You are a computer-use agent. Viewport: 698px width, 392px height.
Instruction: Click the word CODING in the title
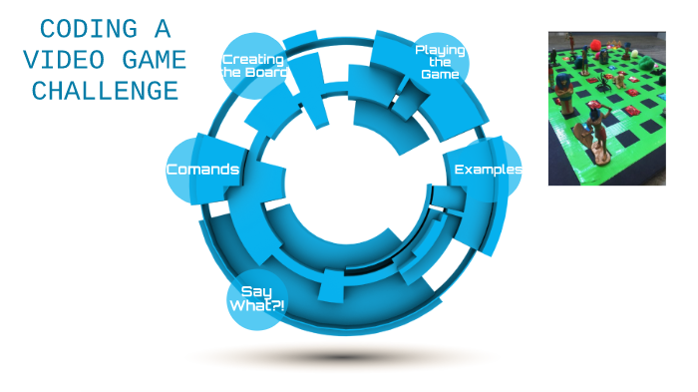(89, 29)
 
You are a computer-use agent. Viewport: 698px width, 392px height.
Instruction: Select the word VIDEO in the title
(64, 60)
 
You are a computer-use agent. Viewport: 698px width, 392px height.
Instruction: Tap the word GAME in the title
(154, 60)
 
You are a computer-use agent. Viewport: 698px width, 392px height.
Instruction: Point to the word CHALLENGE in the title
(105, 92)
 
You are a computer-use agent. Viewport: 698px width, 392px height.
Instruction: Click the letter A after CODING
(163, 29)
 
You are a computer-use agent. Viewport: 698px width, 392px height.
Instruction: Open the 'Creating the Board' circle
(253, 66)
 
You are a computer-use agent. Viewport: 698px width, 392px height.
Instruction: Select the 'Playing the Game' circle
(440, 62)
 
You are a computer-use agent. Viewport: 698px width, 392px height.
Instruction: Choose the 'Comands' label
(202, 170)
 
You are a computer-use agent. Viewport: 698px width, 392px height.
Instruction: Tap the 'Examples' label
(488, 170)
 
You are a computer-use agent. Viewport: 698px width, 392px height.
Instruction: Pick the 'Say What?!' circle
(257, 299)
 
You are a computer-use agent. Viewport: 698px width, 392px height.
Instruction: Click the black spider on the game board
(603, 82)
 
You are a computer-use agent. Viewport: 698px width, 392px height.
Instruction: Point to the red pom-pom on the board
(595, 45)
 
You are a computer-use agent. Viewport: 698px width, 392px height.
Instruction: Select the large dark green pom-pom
(647, 63)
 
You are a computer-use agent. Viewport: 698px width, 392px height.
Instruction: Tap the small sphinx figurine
(619, 81)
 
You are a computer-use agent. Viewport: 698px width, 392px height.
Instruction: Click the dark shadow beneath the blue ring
(343, 357)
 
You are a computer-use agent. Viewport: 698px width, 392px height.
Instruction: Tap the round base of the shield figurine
(600, 157)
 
